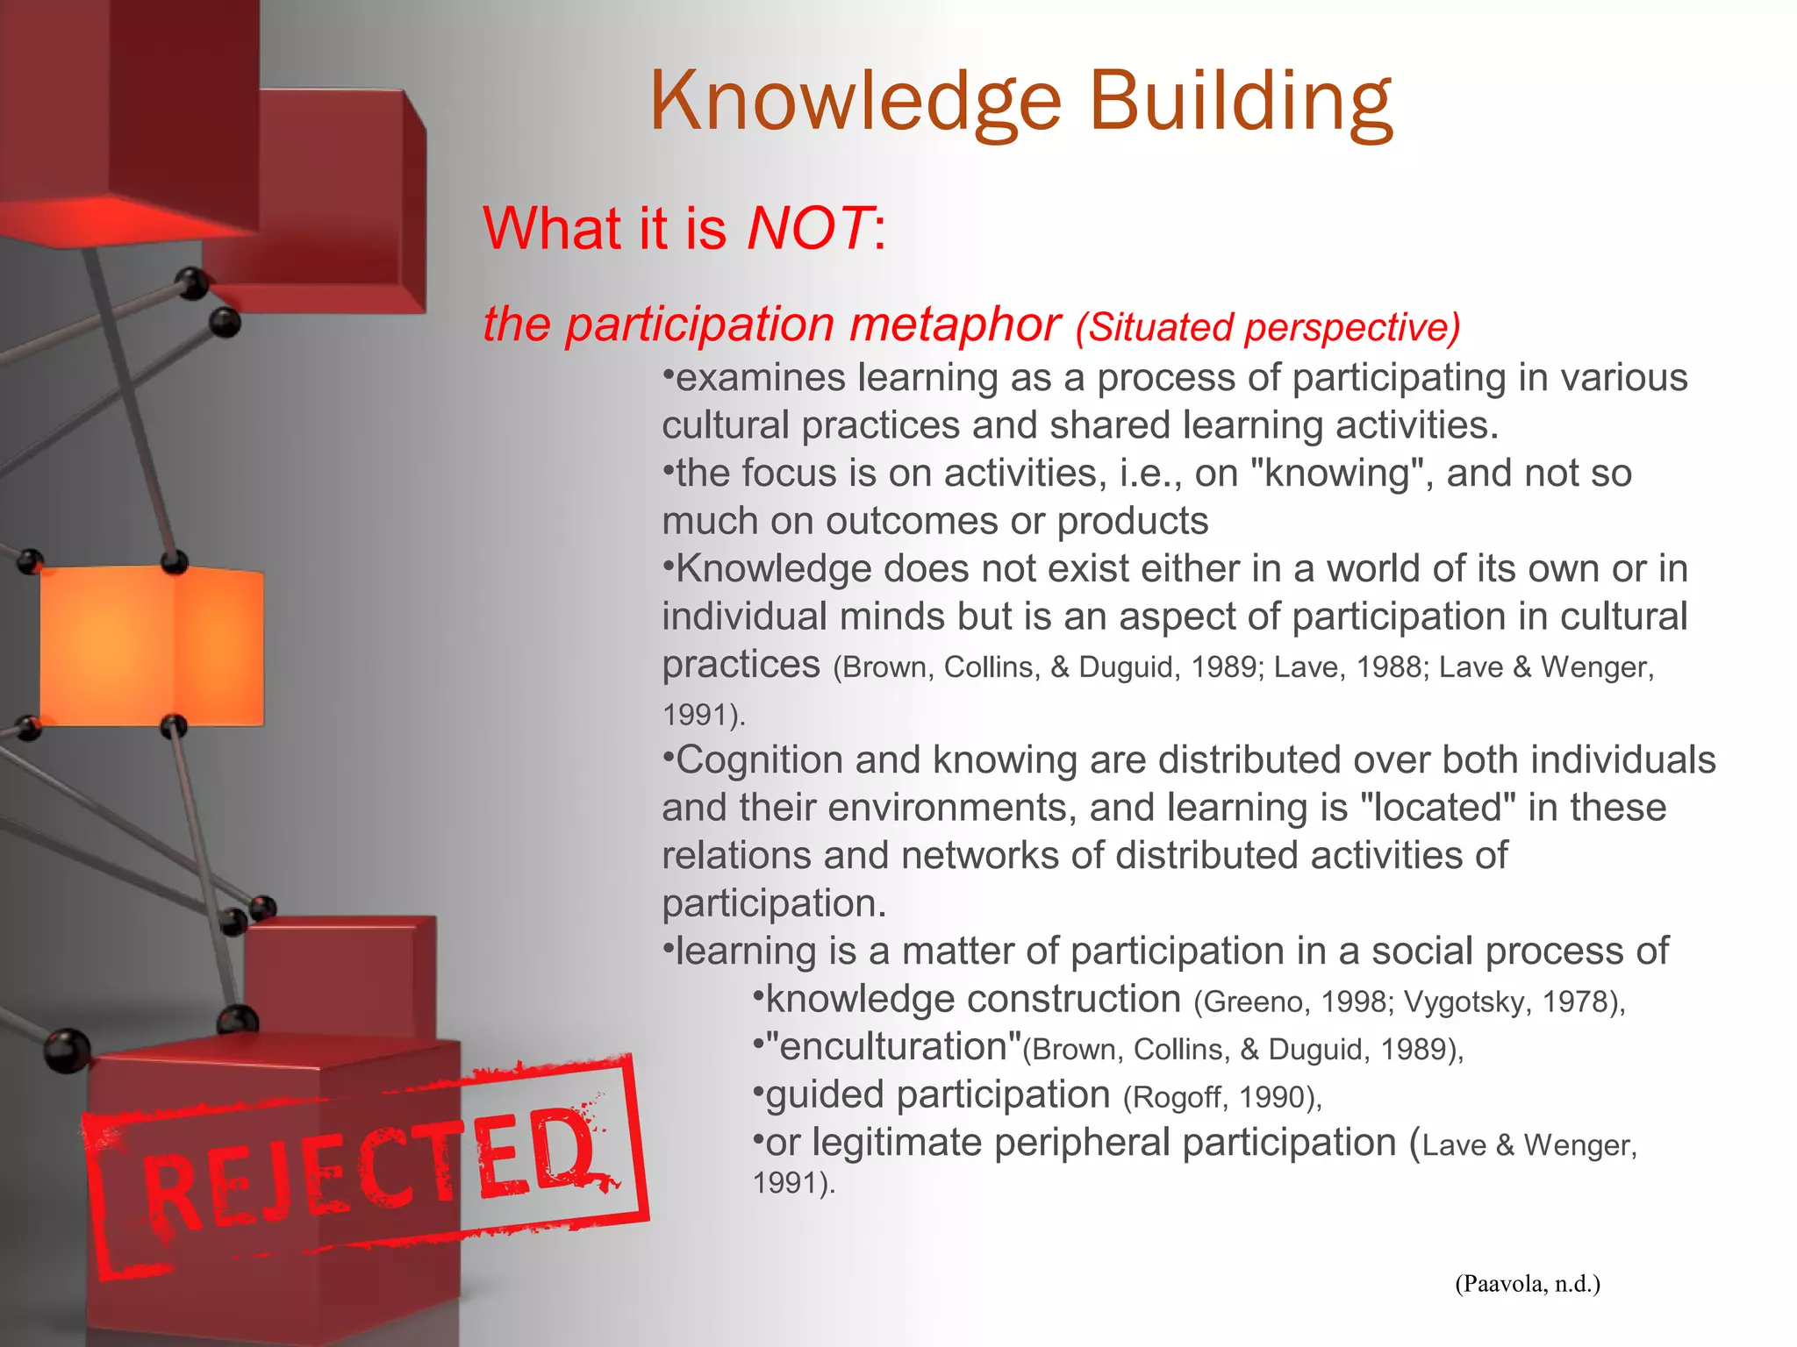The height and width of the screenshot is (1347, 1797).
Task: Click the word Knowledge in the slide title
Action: [856, 103]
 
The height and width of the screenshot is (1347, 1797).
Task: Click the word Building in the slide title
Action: [1240, 103]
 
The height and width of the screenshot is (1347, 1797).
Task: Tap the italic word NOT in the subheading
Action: [808, 229]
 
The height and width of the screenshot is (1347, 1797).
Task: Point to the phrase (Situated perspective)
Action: [1268, 327]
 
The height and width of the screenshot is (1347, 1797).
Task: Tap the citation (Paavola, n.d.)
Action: [1528, 1285]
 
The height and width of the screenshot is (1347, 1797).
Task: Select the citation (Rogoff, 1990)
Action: [1222, 1097]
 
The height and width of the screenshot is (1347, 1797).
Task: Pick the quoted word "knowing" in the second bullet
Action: [1341, 474]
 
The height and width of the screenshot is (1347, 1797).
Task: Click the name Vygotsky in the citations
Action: [1465, 1002]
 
